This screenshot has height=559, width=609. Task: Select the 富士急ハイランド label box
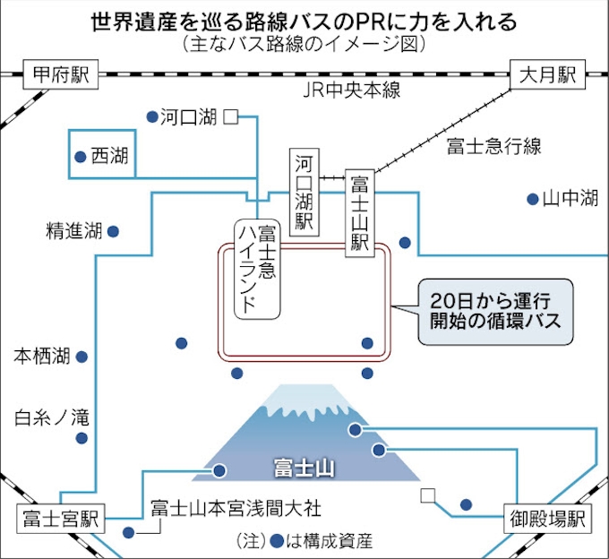pos(257,268)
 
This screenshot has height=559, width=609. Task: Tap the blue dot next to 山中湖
pos(532,199)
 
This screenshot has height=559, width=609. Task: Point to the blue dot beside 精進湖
pos(113,231)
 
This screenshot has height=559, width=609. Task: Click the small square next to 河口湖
pos(230,116)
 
